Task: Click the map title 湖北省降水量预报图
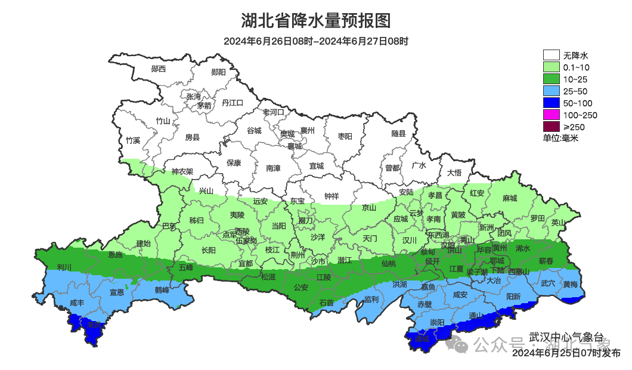click(315, 21)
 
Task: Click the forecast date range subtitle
click(315, 41)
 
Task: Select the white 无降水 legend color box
click(551, 55)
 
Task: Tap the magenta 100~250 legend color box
click(551, 115)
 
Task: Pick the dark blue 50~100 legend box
click(551, 103)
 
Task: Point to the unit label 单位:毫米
click(560, 138)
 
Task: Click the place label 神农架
click(182, 171)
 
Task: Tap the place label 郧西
click(159, 69)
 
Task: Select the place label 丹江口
click(233, 103)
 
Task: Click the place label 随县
click(398, 134)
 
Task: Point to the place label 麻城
click(509, 198)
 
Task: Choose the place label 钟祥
click(332, 196)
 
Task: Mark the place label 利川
click(64, 267)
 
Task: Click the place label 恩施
click(115, 255)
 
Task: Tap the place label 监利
click(371, 298)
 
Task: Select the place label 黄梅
click(571, 285)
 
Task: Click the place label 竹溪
click(132, 141)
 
